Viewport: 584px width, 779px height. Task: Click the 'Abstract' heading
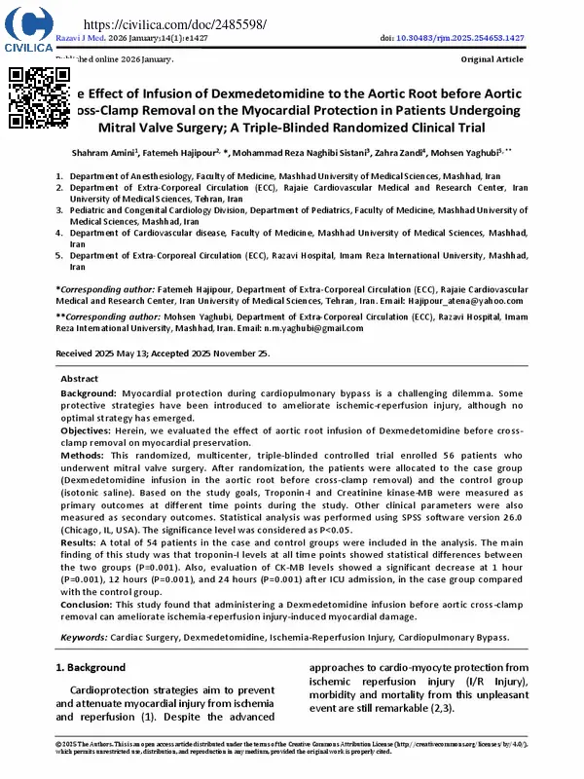coord(80,379)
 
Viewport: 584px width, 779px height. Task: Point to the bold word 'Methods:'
coord(84,455)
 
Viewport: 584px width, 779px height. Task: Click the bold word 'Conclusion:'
coord(91,606)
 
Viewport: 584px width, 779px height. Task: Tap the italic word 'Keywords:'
coord(84,638)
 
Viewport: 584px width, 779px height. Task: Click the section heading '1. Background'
coord(91,668)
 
